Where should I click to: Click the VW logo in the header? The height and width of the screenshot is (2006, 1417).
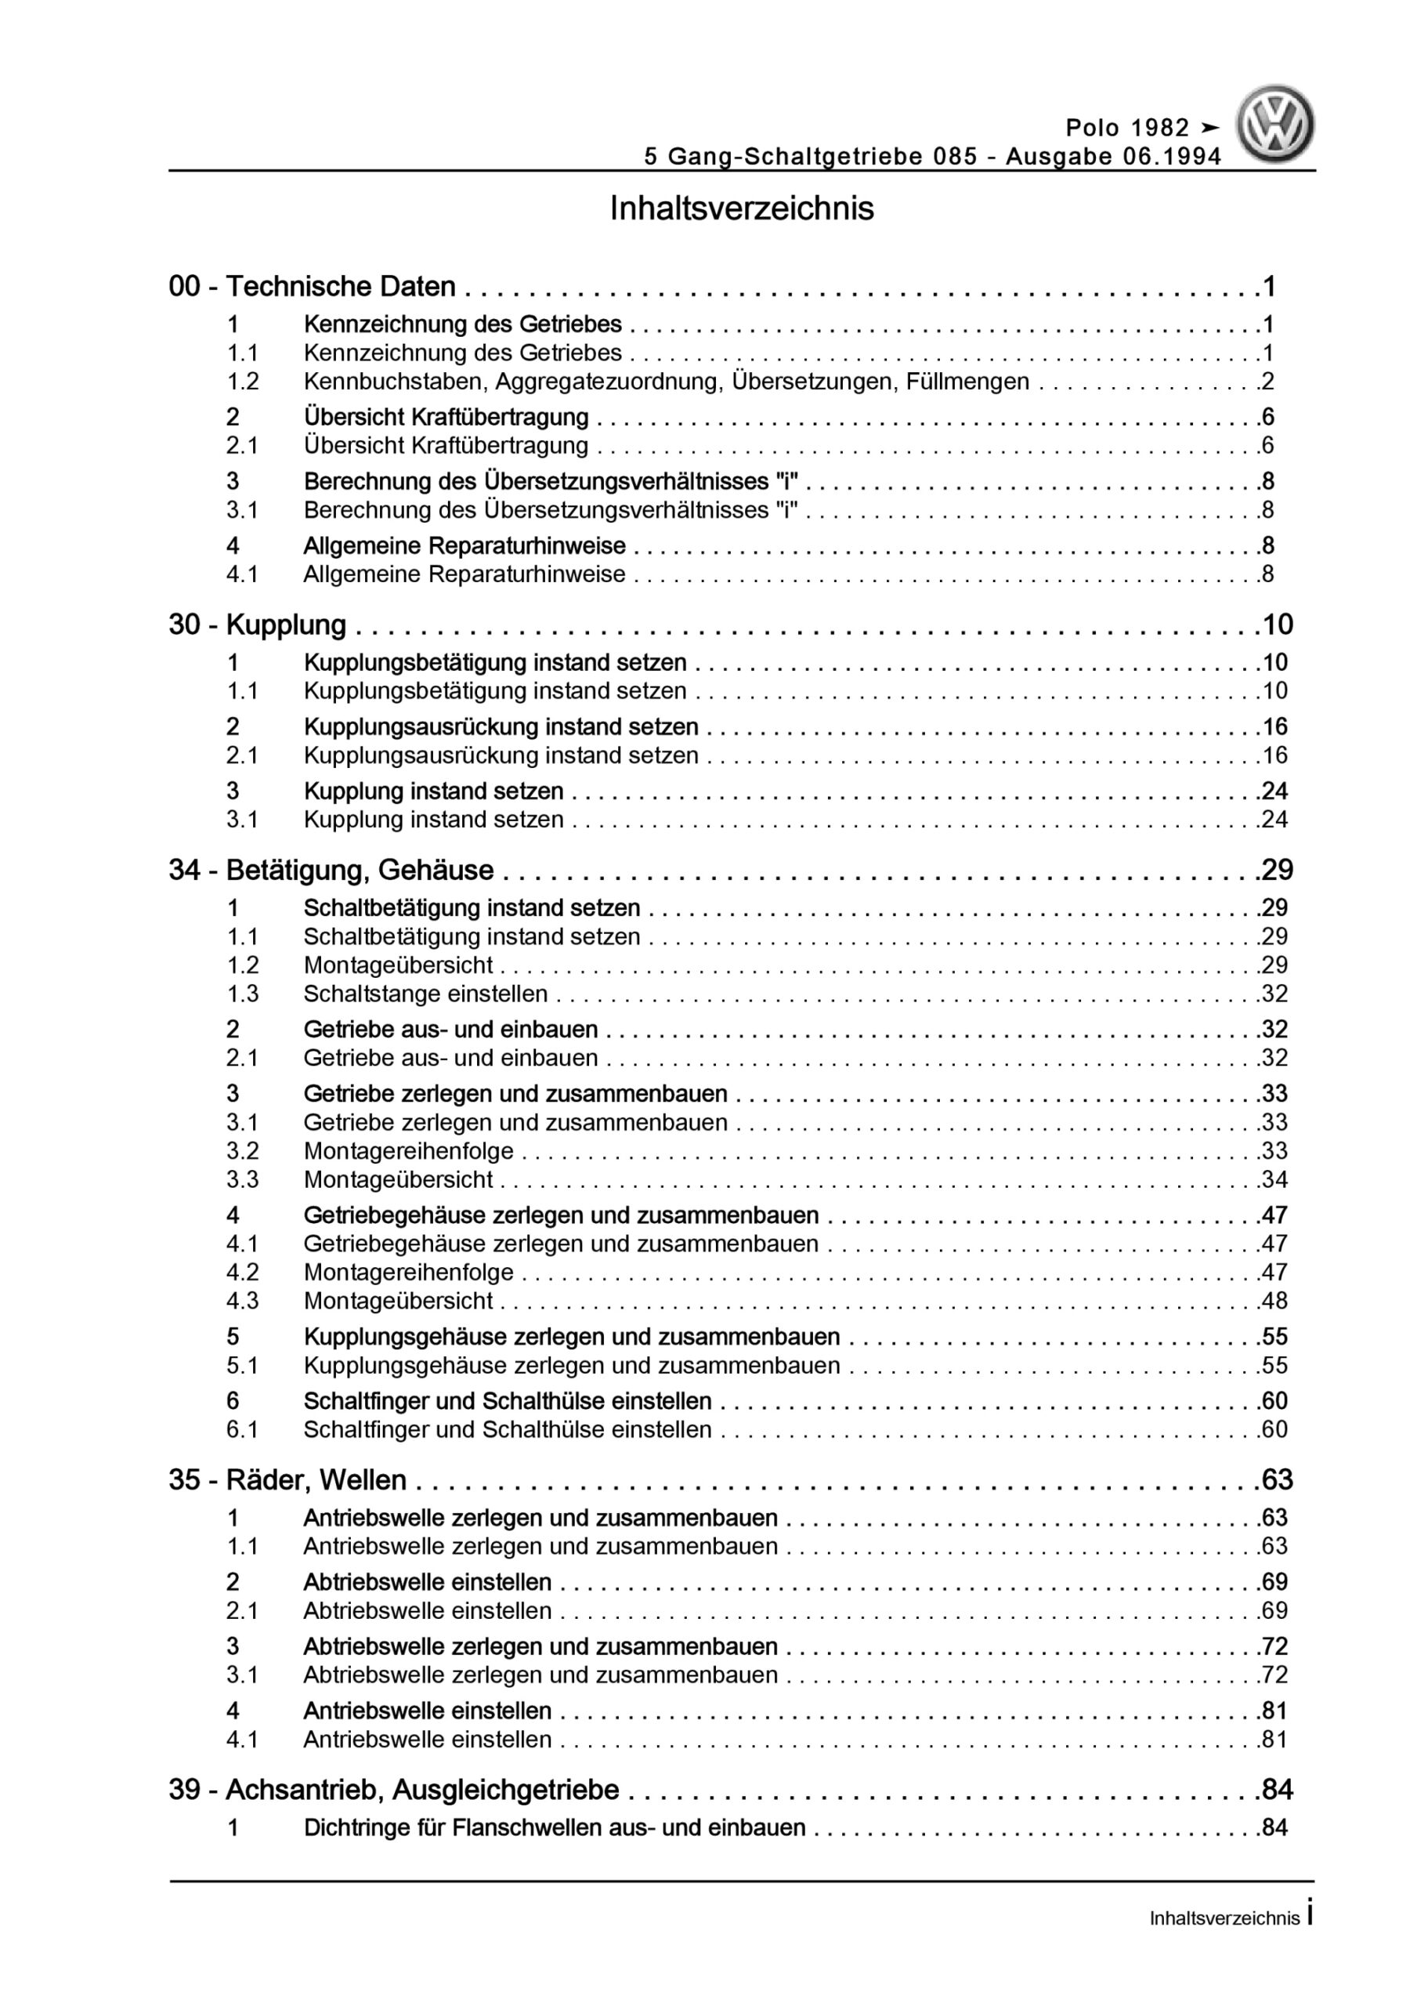1274,124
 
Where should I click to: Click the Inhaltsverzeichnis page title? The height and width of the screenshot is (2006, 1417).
742,210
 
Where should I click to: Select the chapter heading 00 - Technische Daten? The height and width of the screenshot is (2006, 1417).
312,287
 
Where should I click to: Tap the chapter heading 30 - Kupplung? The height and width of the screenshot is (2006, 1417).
258,625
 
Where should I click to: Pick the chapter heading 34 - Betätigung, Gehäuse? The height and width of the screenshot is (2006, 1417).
331,871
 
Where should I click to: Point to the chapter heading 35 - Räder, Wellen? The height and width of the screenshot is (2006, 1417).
287,1480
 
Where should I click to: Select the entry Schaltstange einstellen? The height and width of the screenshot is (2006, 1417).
425,994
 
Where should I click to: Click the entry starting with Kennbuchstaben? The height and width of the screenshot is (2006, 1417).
666,382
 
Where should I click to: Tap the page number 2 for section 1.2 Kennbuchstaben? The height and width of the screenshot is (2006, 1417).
1267,382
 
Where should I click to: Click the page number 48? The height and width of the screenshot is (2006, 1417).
1274,1301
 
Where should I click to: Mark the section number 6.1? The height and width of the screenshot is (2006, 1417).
242,1430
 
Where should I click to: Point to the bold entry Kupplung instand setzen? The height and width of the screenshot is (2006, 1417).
433,791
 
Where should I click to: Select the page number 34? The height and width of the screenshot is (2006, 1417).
1274,1180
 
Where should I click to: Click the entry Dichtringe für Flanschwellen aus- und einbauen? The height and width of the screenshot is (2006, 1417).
554,1828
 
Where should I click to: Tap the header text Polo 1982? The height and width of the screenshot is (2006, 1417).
1128,129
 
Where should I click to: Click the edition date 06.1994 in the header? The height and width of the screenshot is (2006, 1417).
1174,157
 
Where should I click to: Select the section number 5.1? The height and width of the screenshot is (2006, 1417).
242,1366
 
